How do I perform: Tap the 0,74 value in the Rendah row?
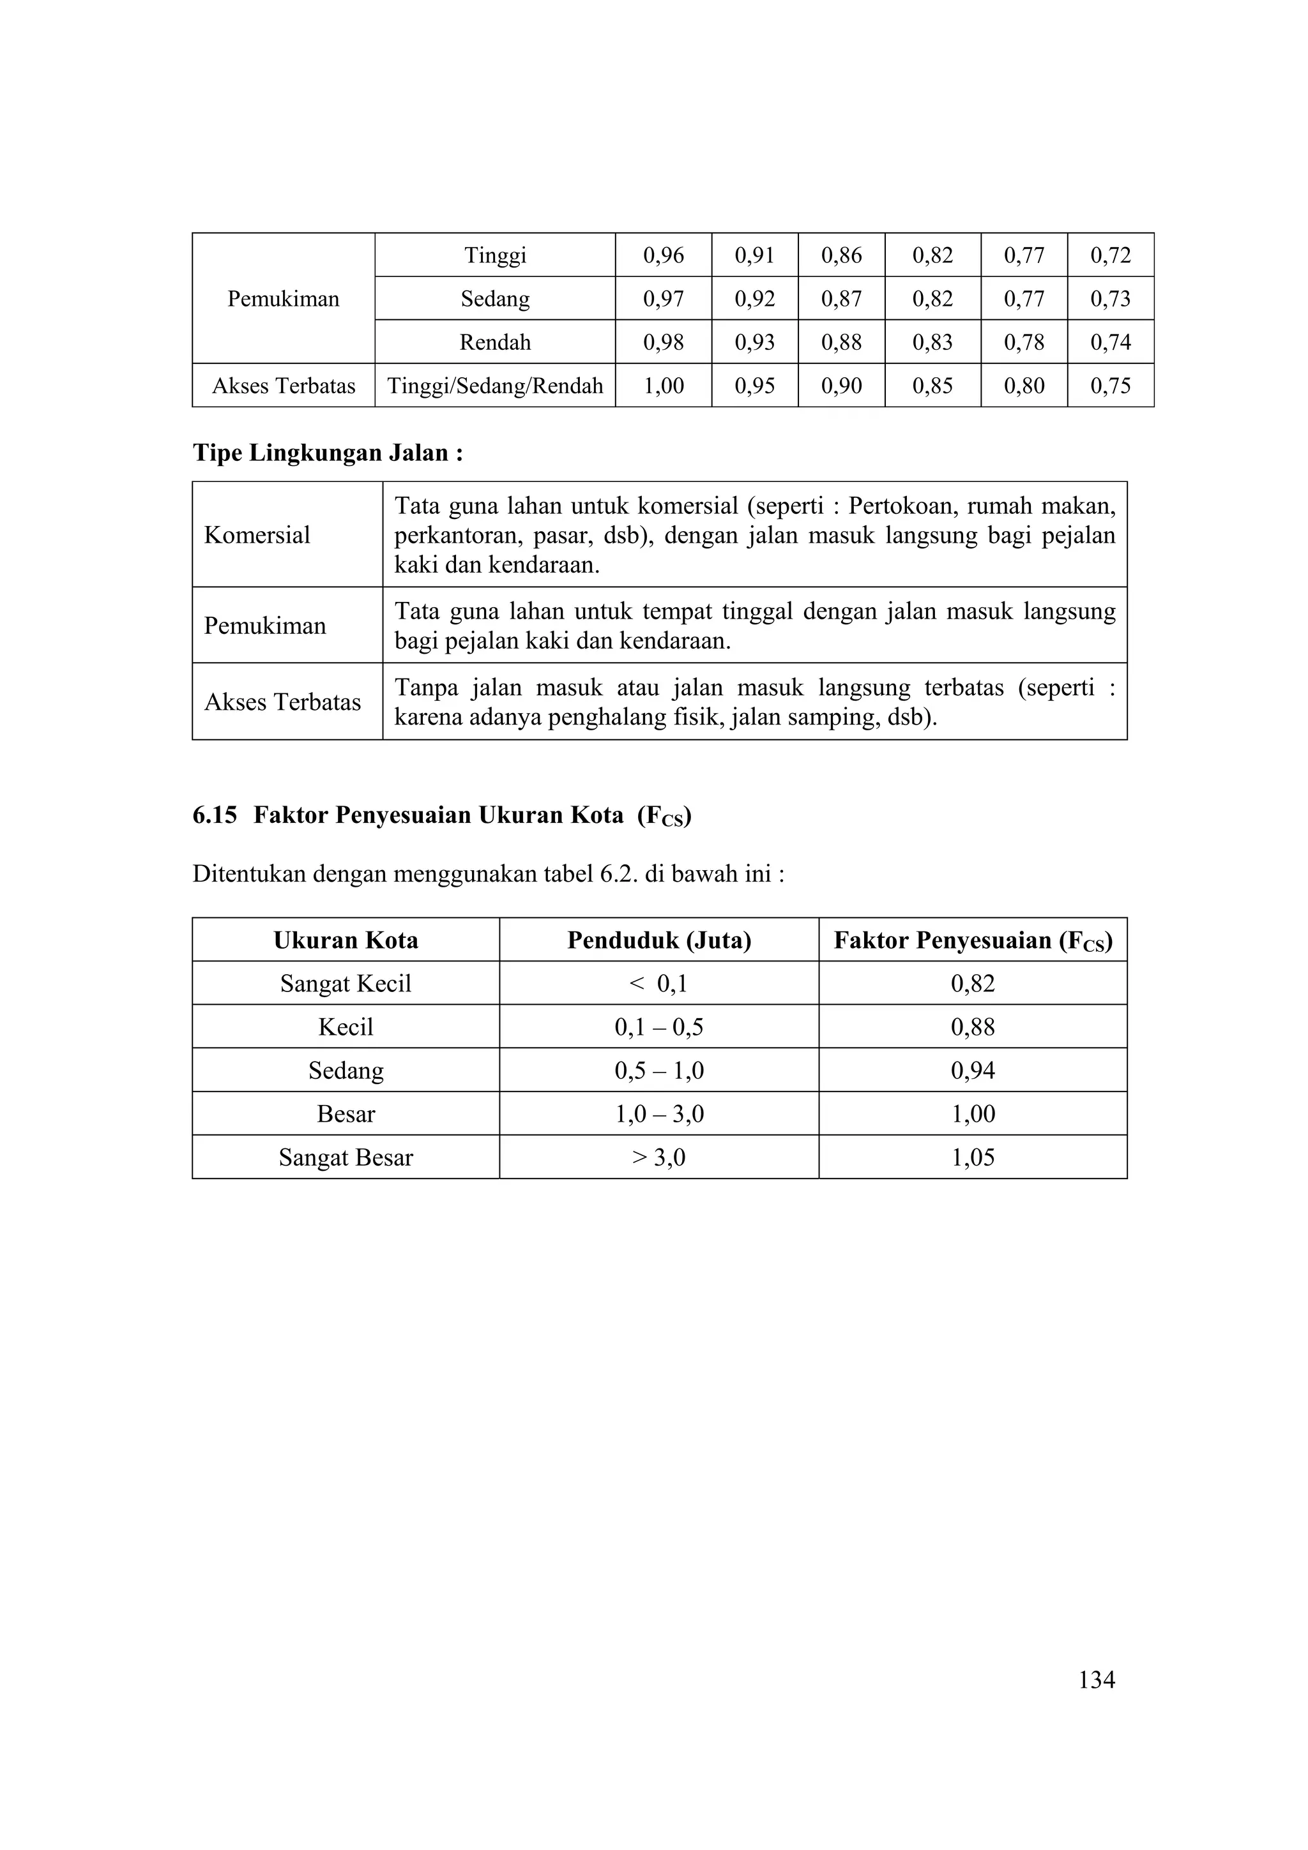coord(1110,342)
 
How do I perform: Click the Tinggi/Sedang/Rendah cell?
coord(495,386)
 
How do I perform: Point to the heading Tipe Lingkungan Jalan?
coord(327,453)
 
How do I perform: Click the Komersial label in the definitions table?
coord(257,535)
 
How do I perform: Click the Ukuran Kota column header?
coord(346,940)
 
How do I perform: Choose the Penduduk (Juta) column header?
coord(658,940)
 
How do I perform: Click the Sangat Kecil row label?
coord(346,984)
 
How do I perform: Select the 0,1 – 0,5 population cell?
coord(658,1027)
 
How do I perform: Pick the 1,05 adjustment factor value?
coord(973,1158)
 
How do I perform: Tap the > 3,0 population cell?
coord(658,1158)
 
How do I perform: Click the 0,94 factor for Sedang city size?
coord(973,1071)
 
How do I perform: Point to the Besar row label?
coord(346,1115)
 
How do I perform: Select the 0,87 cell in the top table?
coord(840,299)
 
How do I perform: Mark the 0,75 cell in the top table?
coord(1110,386)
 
